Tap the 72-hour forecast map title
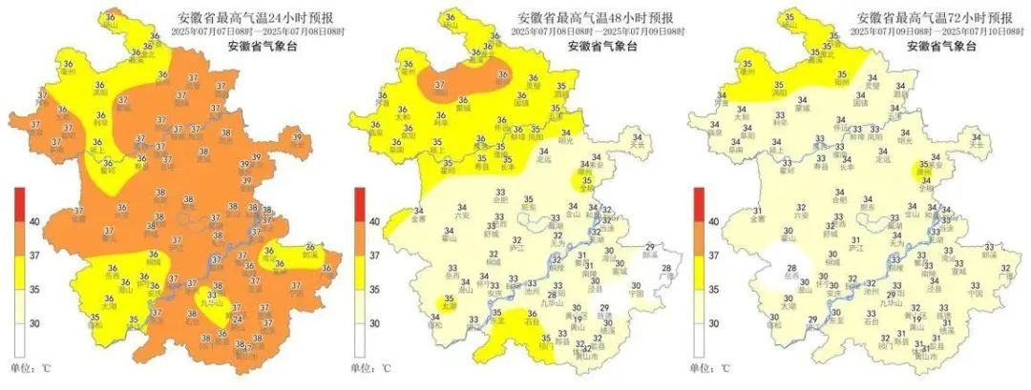(x=920, y=18)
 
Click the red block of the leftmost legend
(x=18, y=204)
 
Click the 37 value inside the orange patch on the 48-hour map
(x=439, y=85)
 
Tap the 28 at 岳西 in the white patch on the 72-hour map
(x=790, y=269)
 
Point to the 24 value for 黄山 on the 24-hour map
(x=238, y=319)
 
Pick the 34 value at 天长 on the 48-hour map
(x=637, y=137)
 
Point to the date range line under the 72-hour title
(x=920, y=31)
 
